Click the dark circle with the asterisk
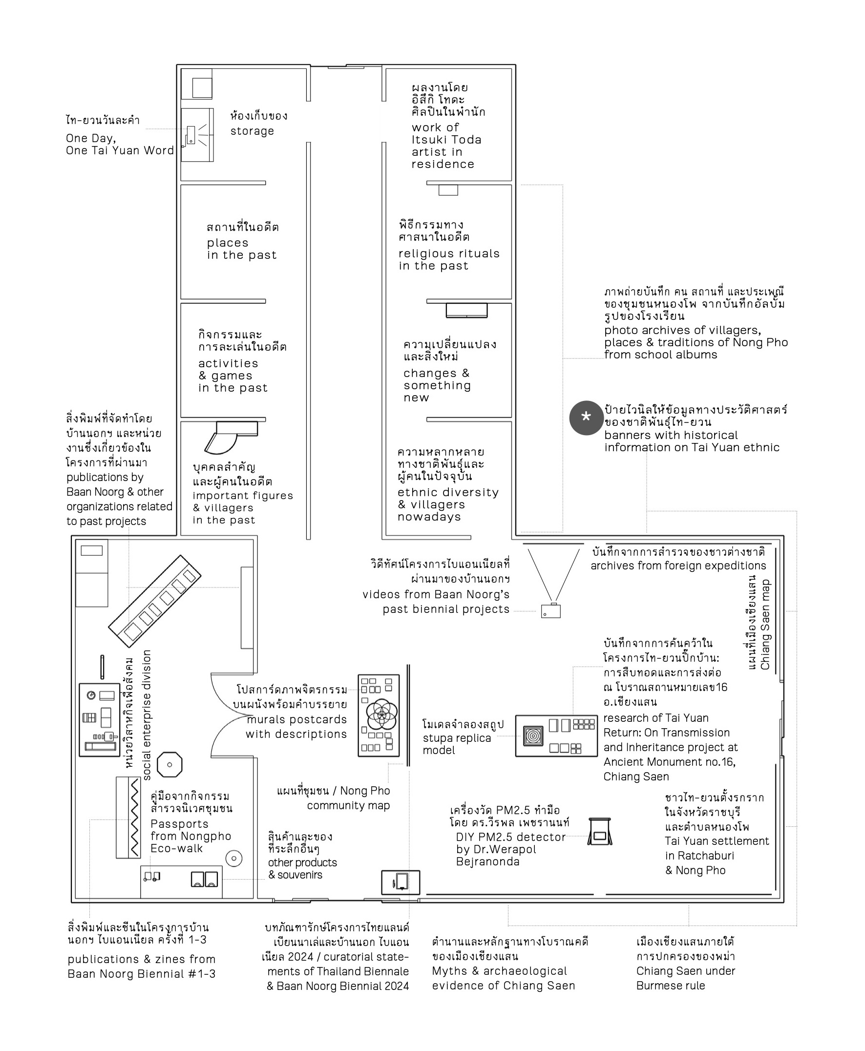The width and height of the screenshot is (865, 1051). pos(586,418)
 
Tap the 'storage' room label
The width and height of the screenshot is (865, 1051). pos(252,130)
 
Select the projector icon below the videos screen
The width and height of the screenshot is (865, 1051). pos(550,610)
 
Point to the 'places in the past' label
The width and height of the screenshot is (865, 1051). pos(242,249)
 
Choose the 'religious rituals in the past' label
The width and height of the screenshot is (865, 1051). pos(448,259)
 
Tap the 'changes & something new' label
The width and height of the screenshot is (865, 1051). pos(437,385)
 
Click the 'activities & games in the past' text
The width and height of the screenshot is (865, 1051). pos(232,376)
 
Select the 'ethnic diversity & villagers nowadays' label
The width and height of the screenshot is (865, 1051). pos(447,504)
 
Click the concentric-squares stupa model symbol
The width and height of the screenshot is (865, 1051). pos(533,735)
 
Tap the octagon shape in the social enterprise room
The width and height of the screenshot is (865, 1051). pos(169,765)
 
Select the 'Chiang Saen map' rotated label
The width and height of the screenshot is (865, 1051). pos(765,624)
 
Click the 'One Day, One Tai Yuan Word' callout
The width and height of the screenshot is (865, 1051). pos(120,144)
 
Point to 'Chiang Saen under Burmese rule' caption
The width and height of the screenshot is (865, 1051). pos(685,978)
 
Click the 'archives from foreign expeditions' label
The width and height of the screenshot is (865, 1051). pos(678,566)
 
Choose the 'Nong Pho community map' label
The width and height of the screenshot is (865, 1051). pos(348,798)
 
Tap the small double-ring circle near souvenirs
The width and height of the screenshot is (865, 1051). pos(233,858)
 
